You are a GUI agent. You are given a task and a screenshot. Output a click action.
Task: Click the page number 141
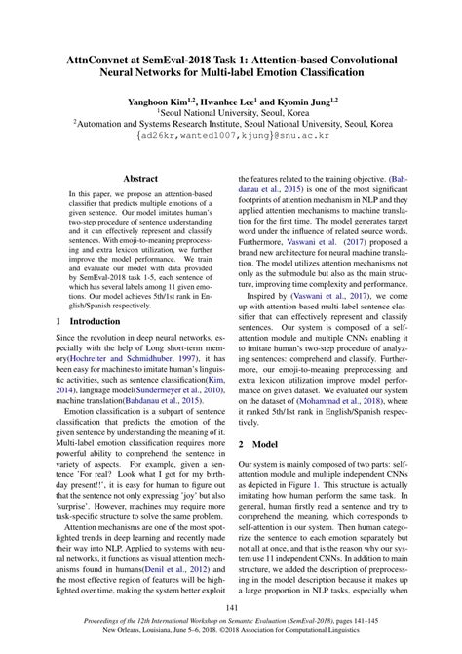(230, 608)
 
